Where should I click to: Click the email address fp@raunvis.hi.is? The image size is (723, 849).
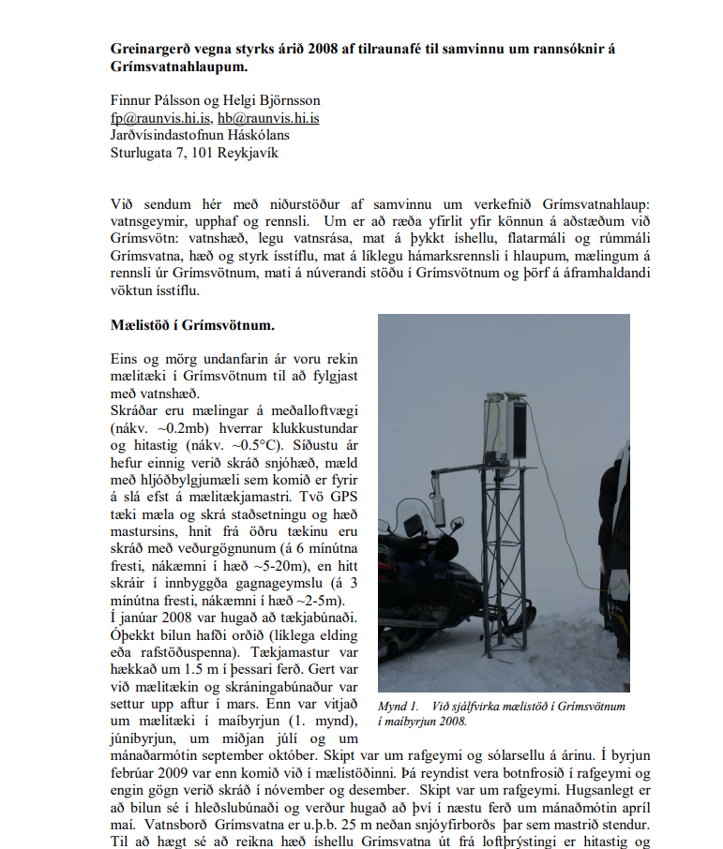(160, 118)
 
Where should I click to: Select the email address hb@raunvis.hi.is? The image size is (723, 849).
(268, 118)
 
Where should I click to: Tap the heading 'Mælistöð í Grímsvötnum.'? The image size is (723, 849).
(192, 326)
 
